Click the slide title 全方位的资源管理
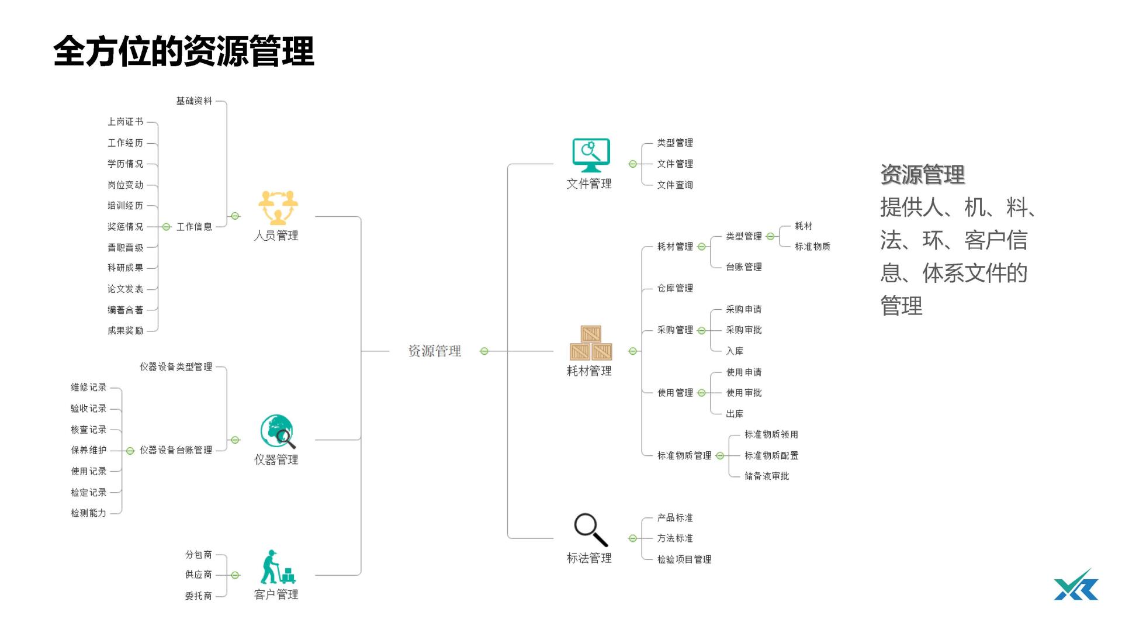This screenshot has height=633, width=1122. click(183, 51)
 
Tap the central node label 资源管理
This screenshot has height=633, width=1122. click(434, 351)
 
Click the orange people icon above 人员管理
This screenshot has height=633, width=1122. click(278, 207)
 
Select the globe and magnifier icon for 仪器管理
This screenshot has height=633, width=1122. click(277, 432)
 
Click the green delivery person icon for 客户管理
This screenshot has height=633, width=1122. click(277, 567)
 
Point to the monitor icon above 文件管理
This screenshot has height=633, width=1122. click(591, 155)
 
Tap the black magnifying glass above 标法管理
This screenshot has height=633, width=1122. click(590, 530)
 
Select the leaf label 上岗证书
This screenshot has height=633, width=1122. click(125, 122)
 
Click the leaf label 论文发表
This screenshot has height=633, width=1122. click(125, 289)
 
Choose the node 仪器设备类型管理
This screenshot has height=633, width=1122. click(176, 367)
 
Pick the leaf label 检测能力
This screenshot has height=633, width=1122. click(89, 513)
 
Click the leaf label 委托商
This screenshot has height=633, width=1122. click(199, 596)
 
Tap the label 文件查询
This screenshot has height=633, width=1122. click(675, 185)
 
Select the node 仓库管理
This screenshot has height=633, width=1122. click(675, 288)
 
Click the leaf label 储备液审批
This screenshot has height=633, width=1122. click(767, 476)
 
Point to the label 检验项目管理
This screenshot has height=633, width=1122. click(684, 559)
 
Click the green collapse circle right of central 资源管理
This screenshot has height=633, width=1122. click(484, 351)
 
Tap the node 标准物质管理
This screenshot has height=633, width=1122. click(684, 456)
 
